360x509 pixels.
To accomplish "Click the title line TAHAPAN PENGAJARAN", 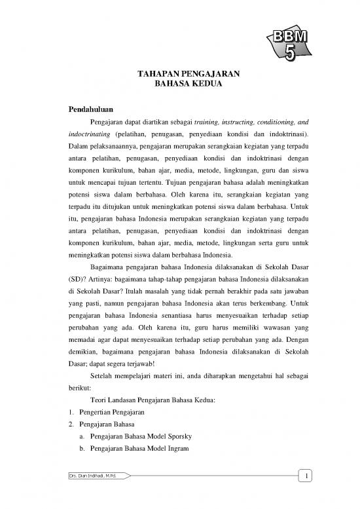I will click(x=179, y=75).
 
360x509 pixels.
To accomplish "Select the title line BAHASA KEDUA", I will click(x=179, y=85).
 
